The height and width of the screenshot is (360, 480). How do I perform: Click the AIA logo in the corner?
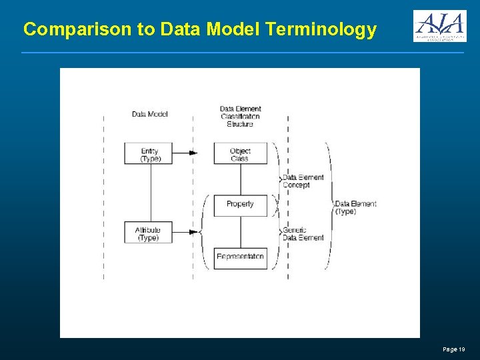click(x=439, y=26)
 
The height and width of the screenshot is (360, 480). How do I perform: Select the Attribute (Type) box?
click(x=148, y=233)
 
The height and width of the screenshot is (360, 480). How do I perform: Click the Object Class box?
click(x=240, y=153)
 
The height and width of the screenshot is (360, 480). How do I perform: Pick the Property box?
click(x=240, y=205)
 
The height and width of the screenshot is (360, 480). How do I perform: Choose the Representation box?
click(x=240, y=257)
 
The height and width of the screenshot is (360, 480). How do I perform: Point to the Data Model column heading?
click(x=150, y=114)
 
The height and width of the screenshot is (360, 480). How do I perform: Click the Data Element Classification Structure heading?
click(x=240, y=116)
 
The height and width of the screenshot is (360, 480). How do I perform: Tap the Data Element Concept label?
click(x=303, y=181)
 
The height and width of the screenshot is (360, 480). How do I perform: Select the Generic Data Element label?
click(x=303, y=233)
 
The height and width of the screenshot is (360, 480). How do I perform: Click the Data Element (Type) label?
click(x=355, y=207)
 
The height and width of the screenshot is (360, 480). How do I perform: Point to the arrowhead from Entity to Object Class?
click(x=193, y=153)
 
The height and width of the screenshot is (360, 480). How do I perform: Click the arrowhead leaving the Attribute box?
click(x=194, y=232)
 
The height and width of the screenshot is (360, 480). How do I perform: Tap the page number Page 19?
click(x=454, y=349)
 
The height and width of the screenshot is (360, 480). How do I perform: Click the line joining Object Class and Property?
click(x=240, y=179)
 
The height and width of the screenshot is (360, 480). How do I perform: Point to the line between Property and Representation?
click(x=240, y=232)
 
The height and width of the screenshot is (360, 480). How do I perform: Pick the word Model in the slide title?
click(x=233, y=30)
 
